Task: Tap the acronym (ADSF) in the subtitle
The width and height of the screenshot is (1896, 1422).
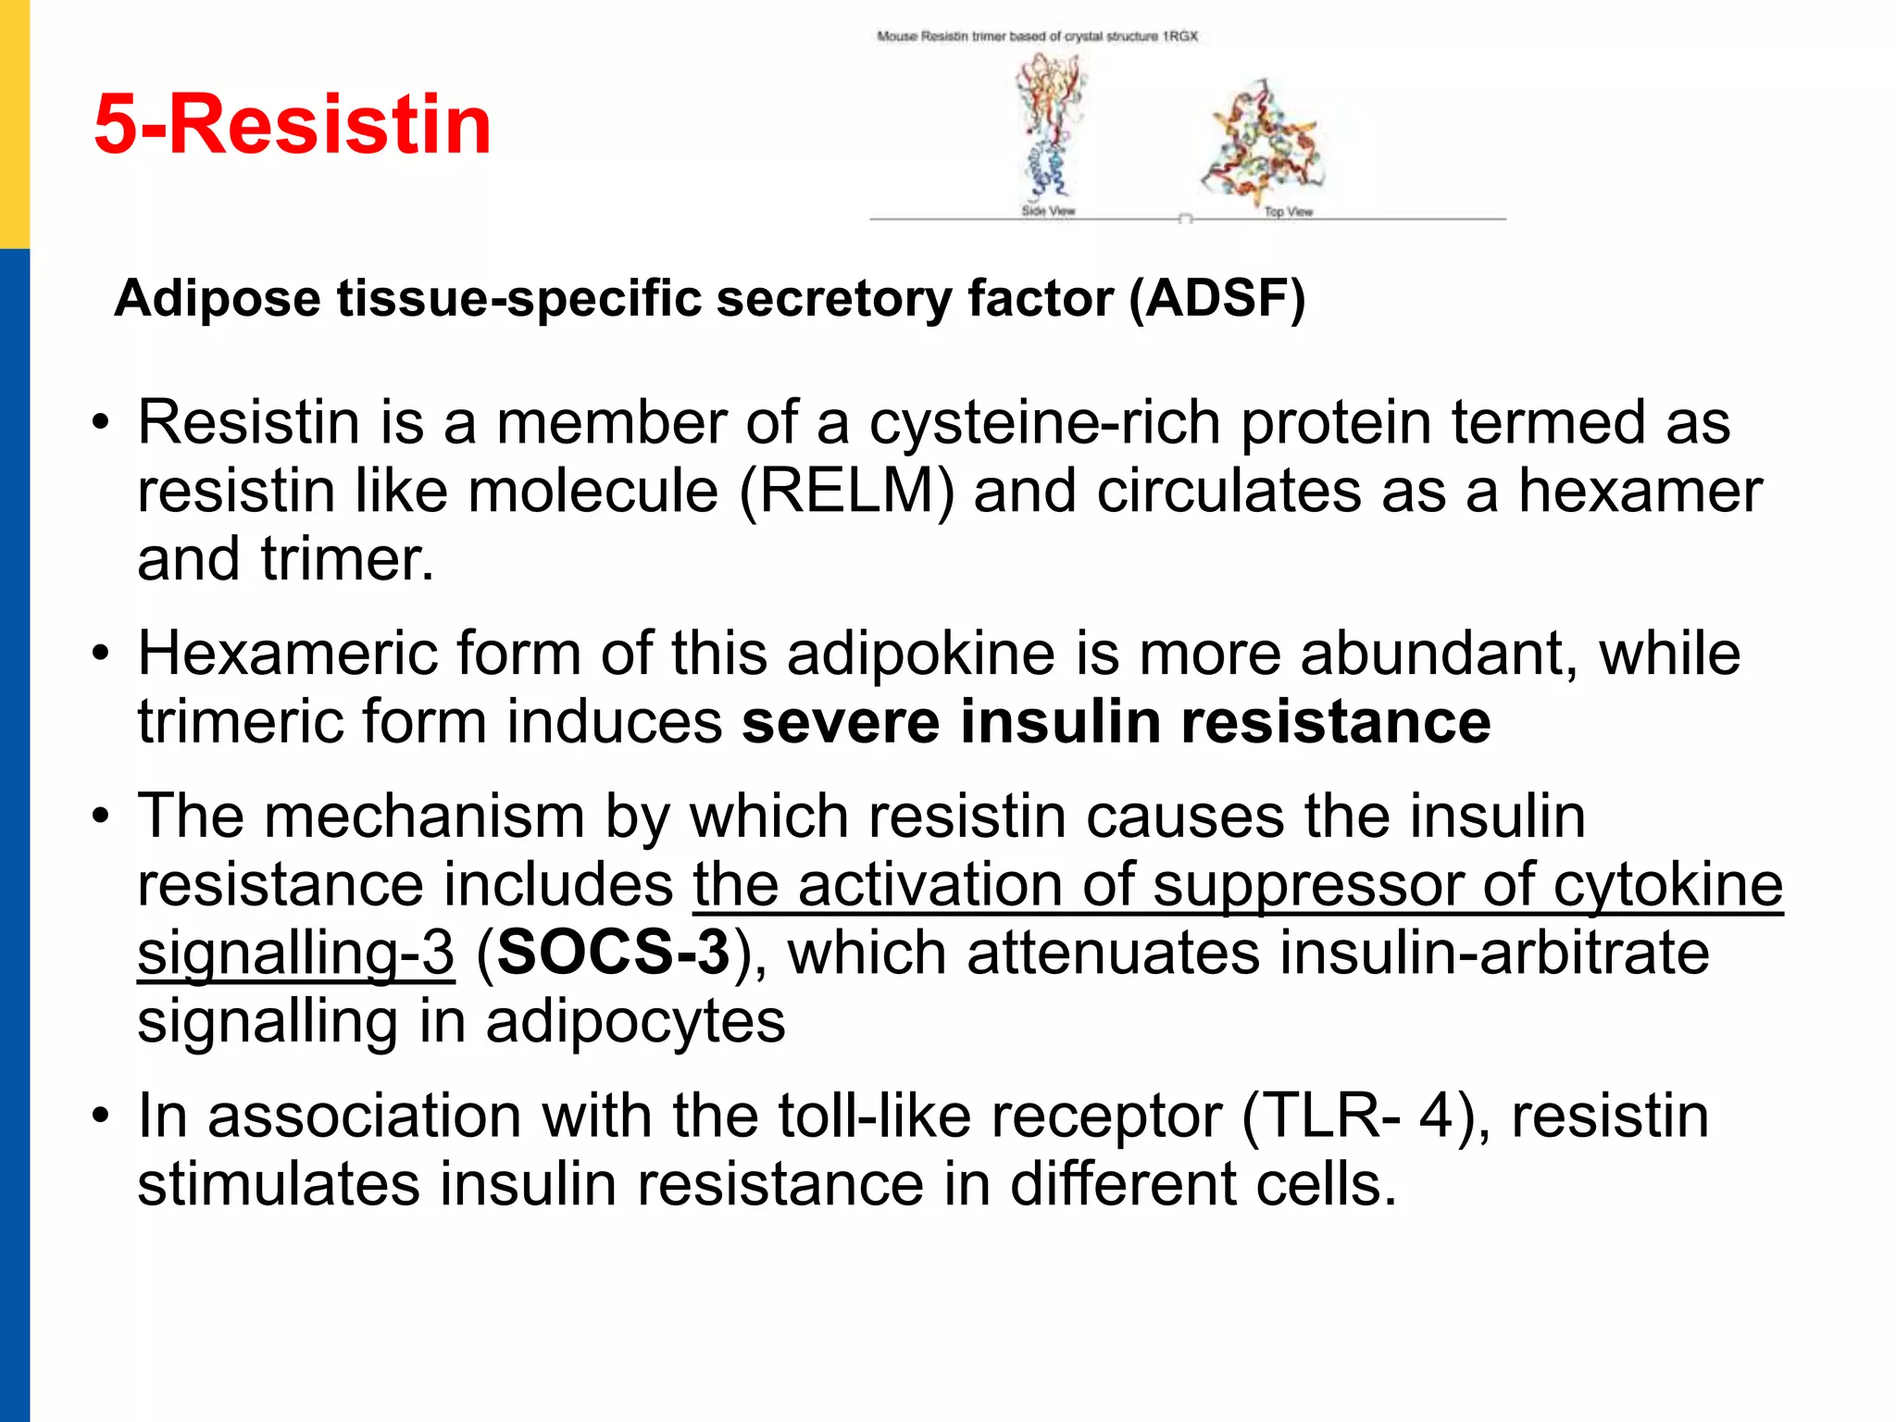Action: pos(1216,298)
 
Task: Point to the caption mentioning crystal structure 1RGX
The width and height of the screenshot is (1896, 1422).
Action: pos(1037,36)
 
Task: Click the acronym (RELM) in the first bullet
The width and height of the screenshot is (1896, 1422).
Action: pos(846,491)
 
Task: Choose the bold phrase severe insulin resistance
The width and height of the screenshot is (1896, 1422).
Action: pos(1116,722)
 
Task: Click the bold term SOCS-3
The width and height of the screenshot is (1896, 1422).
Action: pos(614,953)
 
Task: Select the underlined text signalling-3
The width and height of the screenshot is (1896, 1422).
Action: pos(296,953)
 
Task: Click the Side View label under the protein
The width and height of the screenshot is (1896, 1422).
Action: pos(1048,211)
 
